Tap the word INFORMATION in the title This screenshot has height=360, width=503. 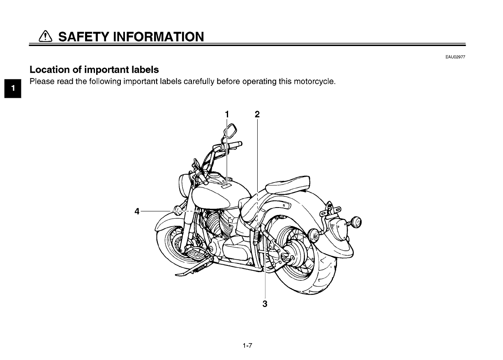tap(158, 37)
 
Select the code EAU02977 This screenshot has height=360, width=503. tap(455, 57)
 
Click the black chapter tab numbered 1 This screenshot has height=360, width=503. tap(13, 88)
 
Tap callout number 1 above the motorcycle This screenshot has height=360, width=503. tap(226, 114)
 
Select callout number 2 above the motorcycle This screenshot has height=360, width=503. tap(257, 114)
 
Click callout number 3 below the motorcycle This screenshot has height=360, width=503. tap(265, 304)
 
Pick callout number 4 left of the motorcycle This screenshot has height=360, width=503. tap(137, 212)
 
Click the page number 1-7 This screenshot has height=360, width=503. tap(247, 346)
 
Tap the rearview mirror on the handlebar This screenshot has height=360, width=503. tap(230, 131)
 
